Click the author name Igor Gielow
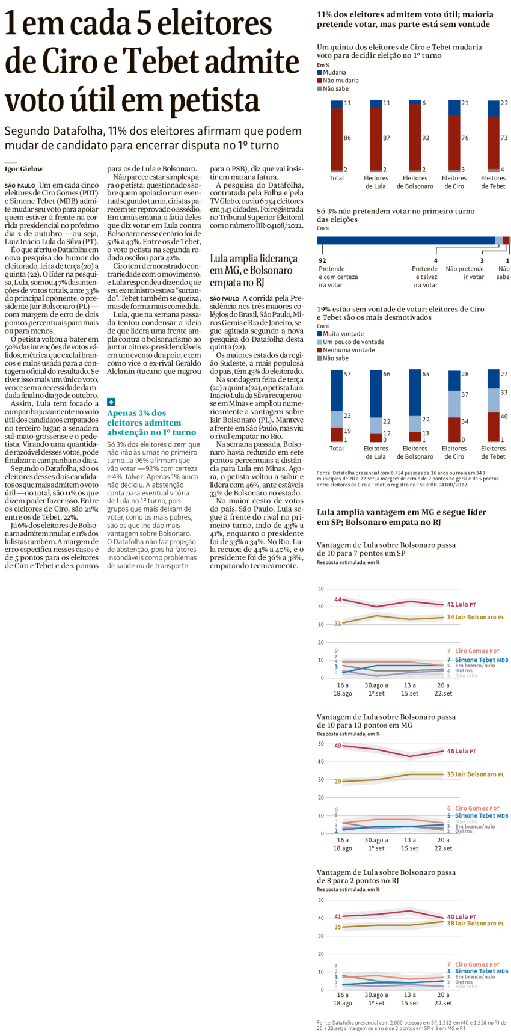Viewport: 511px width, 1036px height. pos(23,169)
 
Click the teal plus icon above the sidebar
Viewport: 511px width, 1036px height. pos(111,402)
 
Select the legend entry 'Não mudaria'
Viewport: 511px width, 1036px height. pos(340,81)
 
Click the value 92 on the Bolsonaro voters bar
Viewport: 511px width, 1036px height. pos(426,138)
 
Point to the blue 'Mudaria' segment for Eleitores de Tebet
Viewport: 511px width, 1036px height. pos(493,108)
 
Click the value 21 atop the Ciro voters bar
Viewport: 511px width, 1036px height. pos(465,103)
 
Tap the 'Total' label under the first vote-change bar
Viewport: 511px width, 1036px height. pos(337,178)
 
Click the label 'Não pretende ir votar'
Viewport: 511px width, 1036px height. pos(465,273)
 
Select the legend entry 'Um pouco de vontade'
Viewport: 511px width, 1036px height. pos(353,342)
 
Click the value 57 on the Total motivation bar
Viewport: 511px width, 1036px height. pos(347,374)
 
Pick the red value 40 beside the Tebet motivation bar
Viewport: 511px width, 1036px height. pos(504,416)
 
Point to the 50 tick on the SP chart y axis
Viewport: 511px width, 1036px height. pos(320,589)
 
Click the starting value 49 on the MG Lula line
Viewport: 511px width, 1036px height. pos(338,746)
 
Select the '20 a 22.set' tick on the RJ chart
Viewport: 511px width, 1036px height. pos(443,999)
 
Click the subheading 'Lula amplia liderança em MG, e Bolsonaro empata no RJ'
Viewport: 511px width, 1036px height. pos(254,270)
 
